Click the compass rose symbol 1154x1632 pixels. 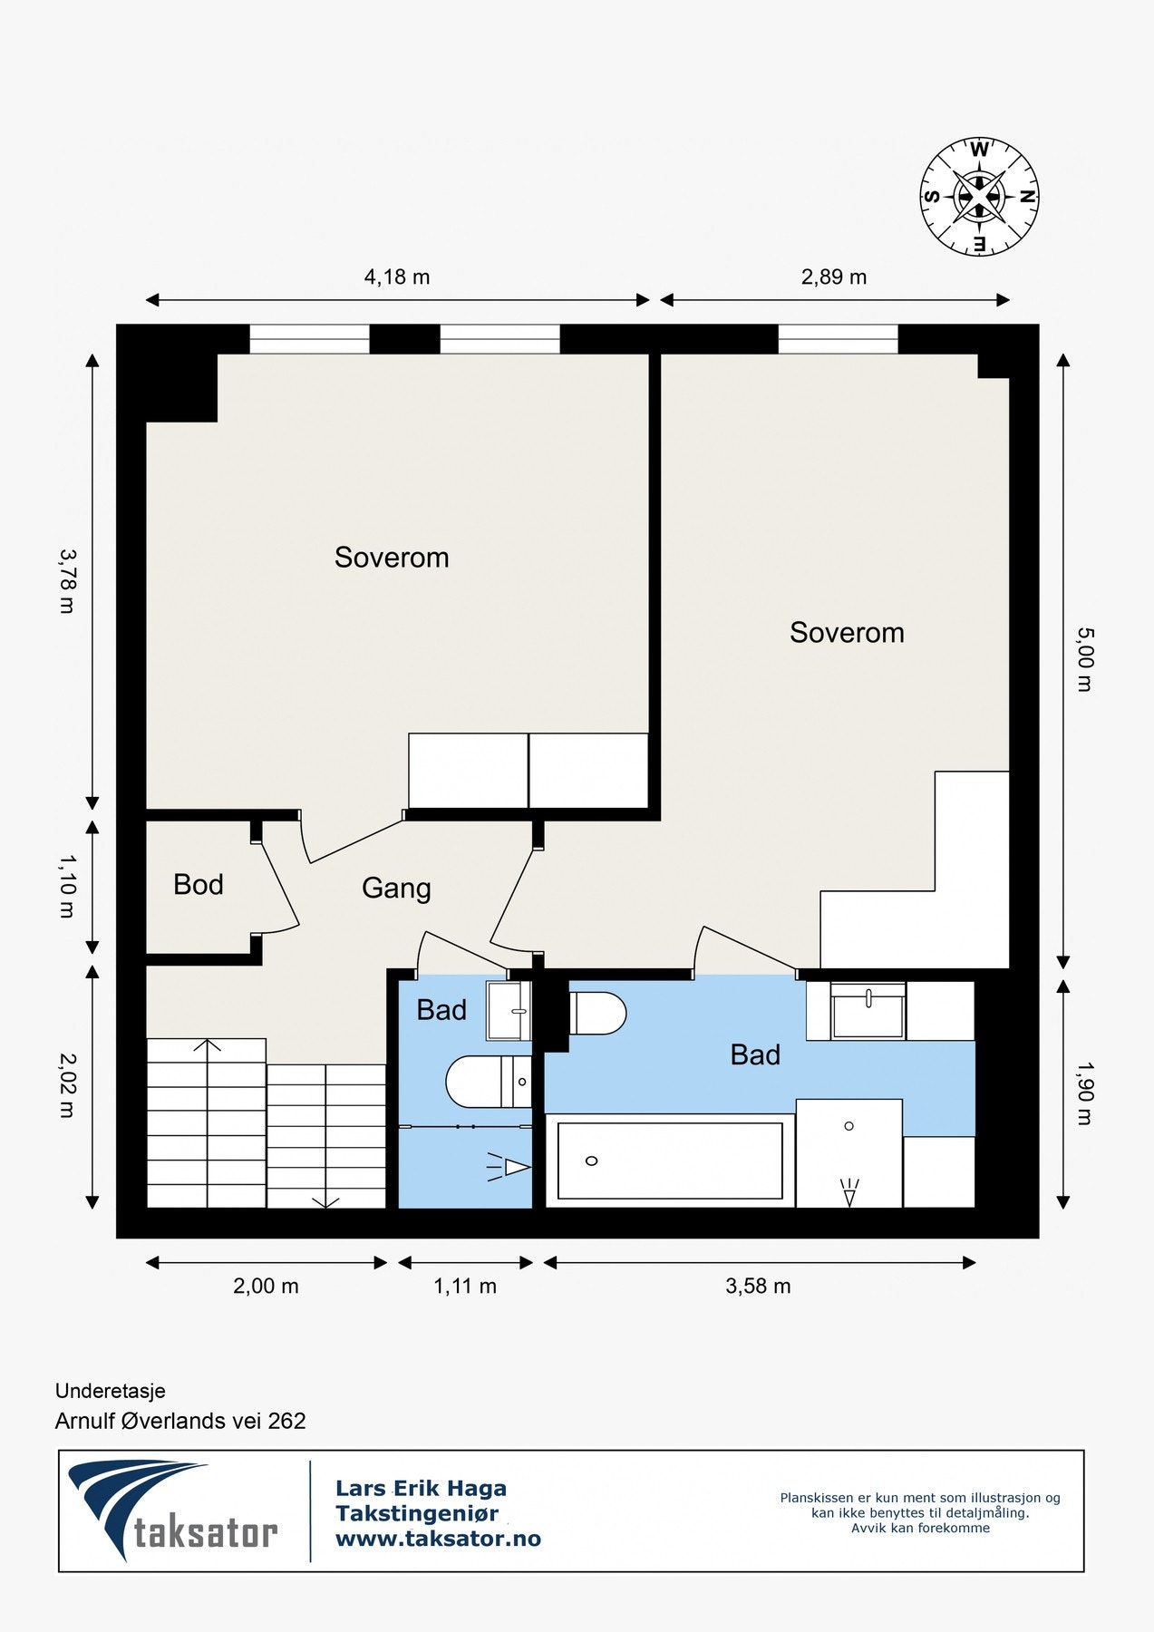980,197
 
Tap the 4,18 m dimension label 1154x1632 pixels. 397,277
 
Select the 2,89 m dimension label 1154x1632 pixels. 834,277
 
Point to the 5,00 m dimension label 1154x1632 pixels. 1084,659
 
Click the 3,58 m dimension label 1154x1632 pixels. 758,1286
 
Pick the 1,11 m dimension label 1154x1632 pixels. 465,1286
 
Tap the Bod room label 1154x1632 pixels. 199,885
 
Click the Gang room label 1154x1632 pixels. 396,889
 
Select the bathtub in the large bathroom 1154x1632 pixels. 670,1161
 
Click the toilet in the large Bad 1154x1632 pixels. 597,1013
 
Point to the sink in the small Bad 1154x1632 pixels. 509,1011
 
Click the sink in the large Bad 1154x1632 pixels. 868,1011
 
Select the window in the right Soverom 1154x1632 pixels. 838,339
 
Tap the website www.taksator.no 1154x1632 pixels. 438,1539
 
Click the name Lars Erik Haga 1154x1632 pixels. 421,1488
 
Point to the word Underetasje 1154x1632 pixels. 111,1391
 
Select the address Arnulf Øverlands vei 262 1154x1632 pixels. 180,1421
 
